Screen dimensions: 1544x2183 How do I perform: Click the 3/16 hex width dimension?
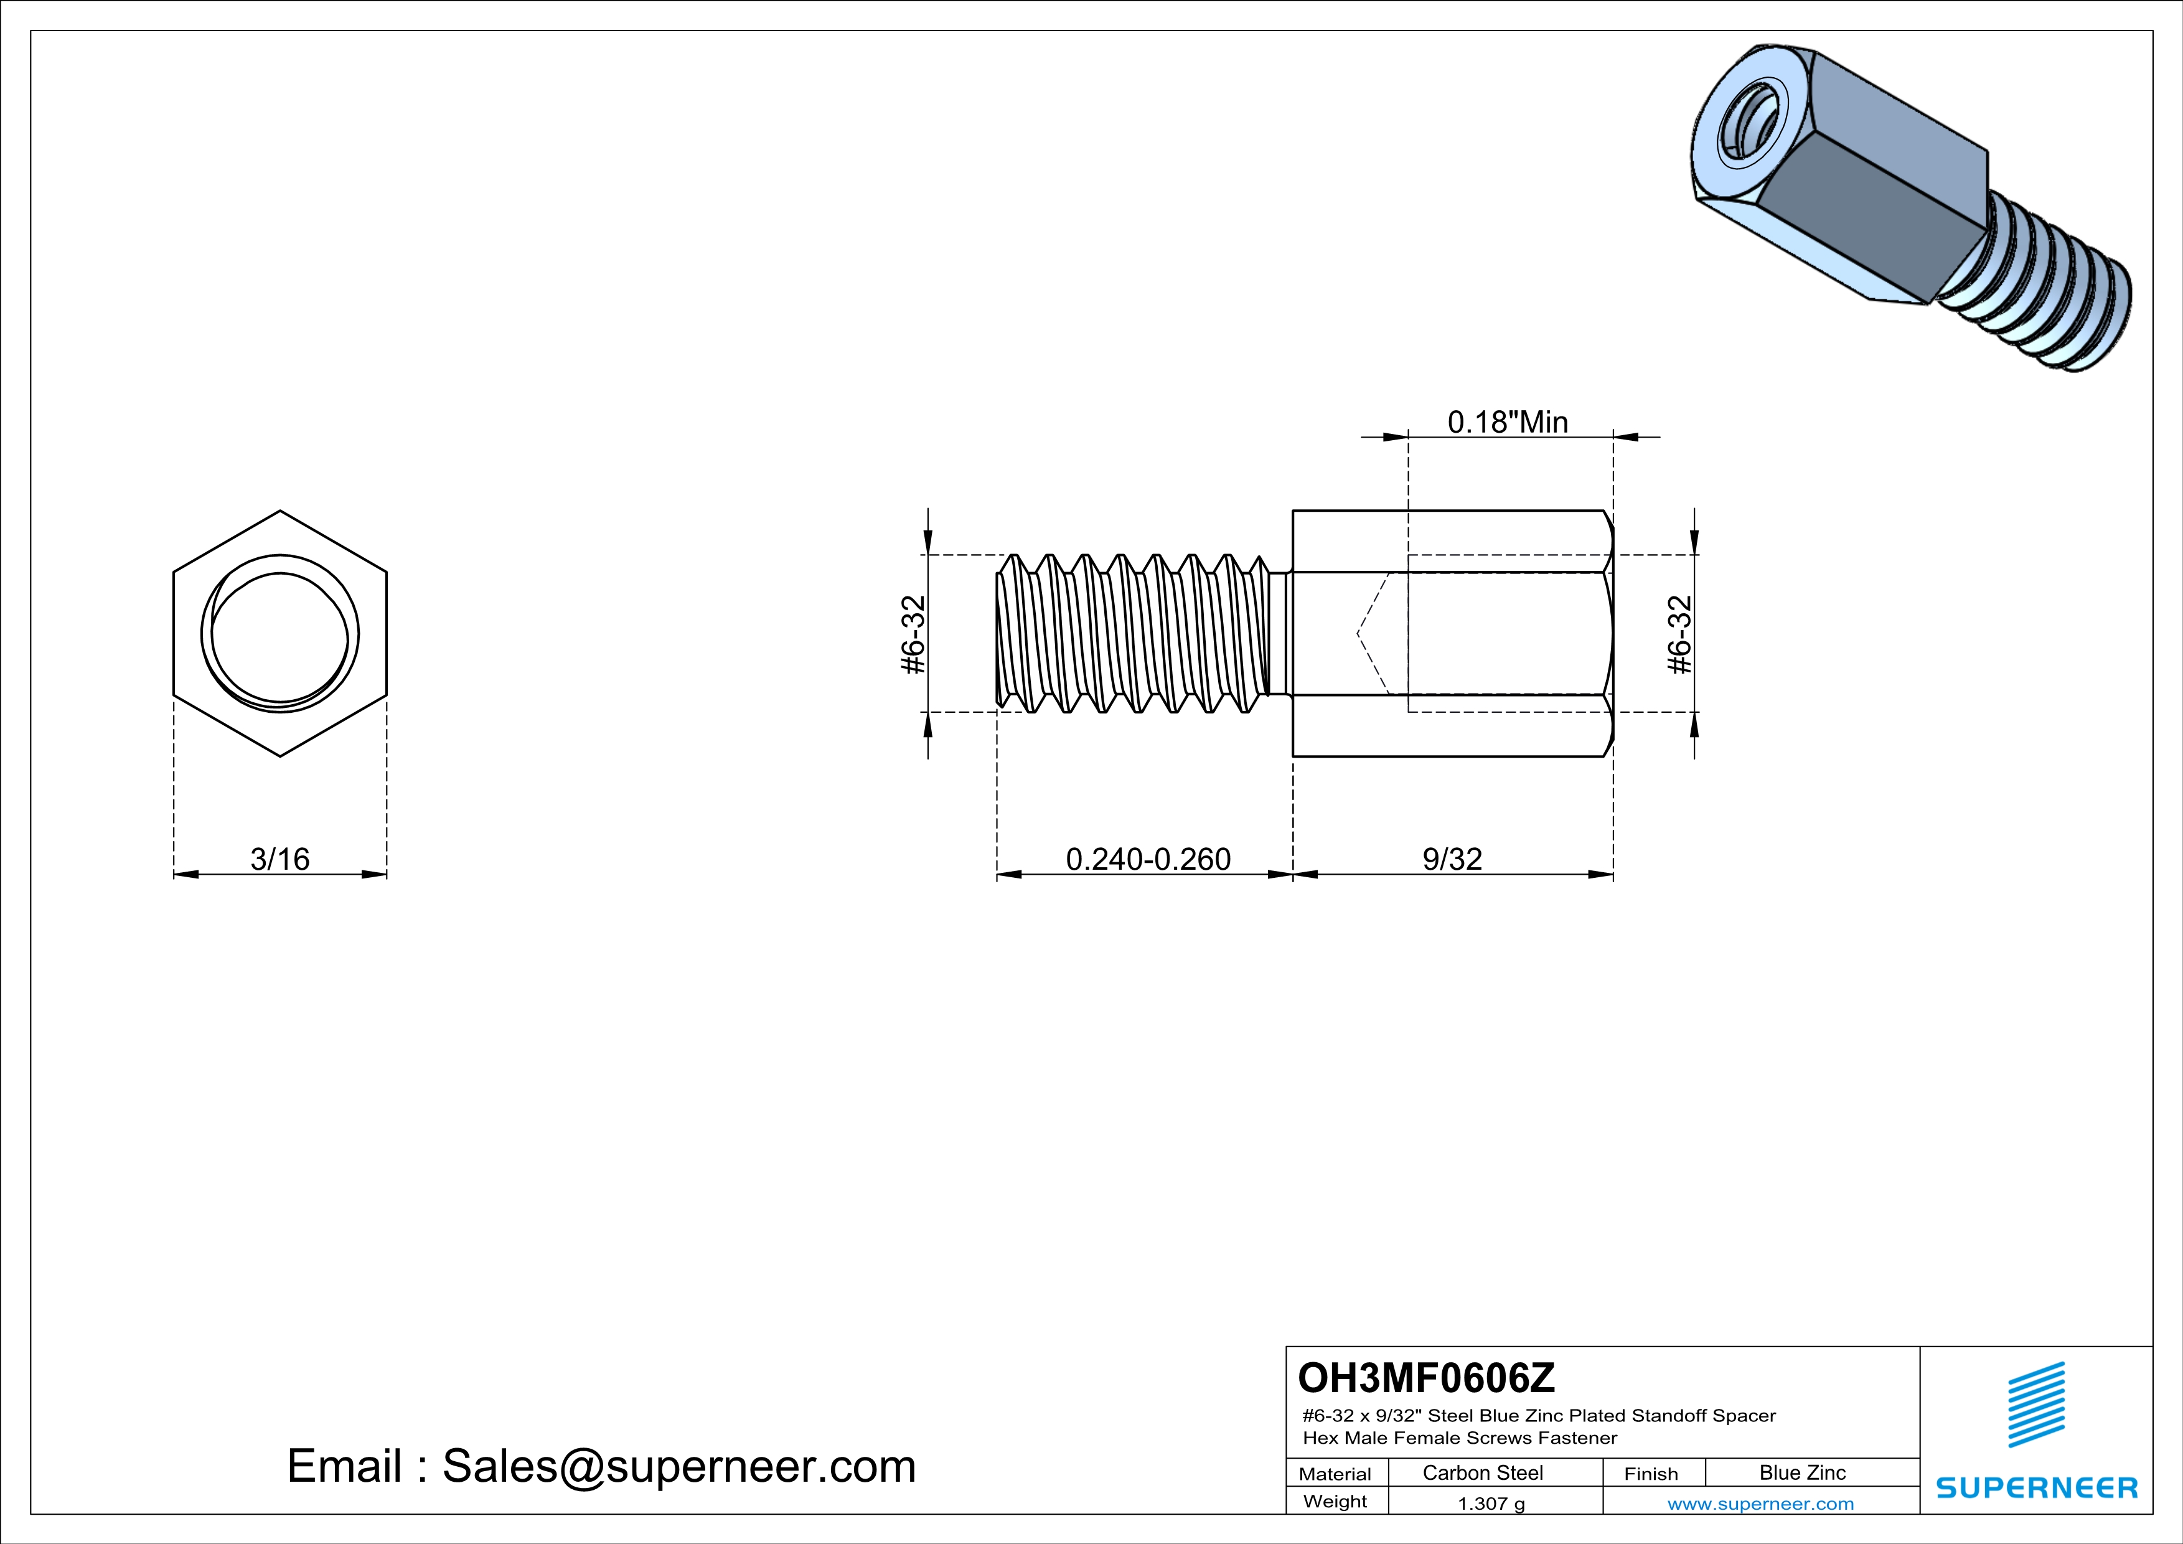[x=279, y=859]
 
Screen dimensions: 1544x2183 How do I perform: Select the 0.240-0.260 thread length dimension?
[x=1148, y=859]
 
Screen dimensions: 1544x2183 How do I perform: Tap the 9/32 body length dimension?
[x=1452, y=859]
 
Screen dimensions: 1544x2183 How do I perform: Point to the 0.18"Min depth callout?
[x=1508, y=421]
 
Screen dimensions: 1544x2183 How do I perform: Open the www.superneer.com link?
[x=1760, y=1503]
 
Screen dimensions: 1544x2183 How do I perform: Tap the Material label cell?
[x=1335, y=1474]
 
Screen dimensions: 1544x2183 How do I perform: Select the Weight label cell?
[x=1335, y=1501]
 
